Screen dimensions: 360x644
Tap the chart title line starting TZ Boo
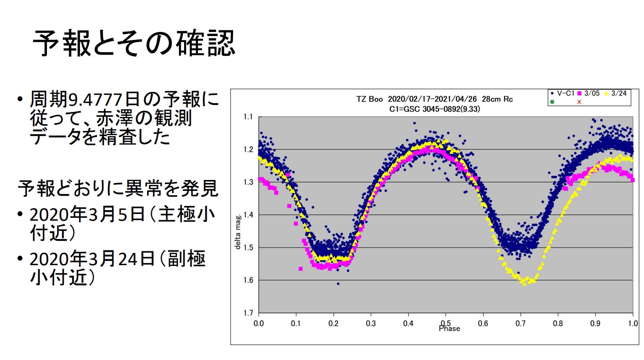click(434, 99)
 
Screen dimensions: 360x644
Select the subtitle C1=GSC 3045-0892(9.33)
click(434, 109)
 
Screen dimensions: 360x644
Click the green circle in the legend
click(552, 102)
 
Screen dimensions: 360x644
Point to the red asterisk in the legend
click(579, 102)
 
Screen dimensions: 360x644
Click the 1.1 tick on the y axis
click(248, 117)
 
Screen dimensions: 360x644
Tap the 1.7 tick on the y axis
click(248, 313)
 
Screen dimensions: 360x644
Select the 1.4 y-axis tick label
click(248, 215)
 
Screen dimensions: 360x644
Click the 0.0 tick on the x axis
click(259, 323)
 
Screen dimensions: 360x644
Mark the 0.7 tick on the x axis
click(520, 323)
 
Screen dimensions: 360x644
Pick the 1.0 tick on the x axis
click(633, 323)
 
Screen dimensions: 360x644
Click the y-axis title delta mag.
click(238, 232)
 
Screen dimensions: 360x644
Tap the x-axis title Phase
click(449, 329)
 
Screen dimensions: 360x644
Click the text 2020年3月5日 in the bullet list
click(87, 214)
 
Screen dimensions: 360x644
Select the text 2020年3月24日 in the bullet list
click(92, 259)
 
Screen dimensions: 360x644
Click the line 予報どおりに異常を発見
click(118, 189)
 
